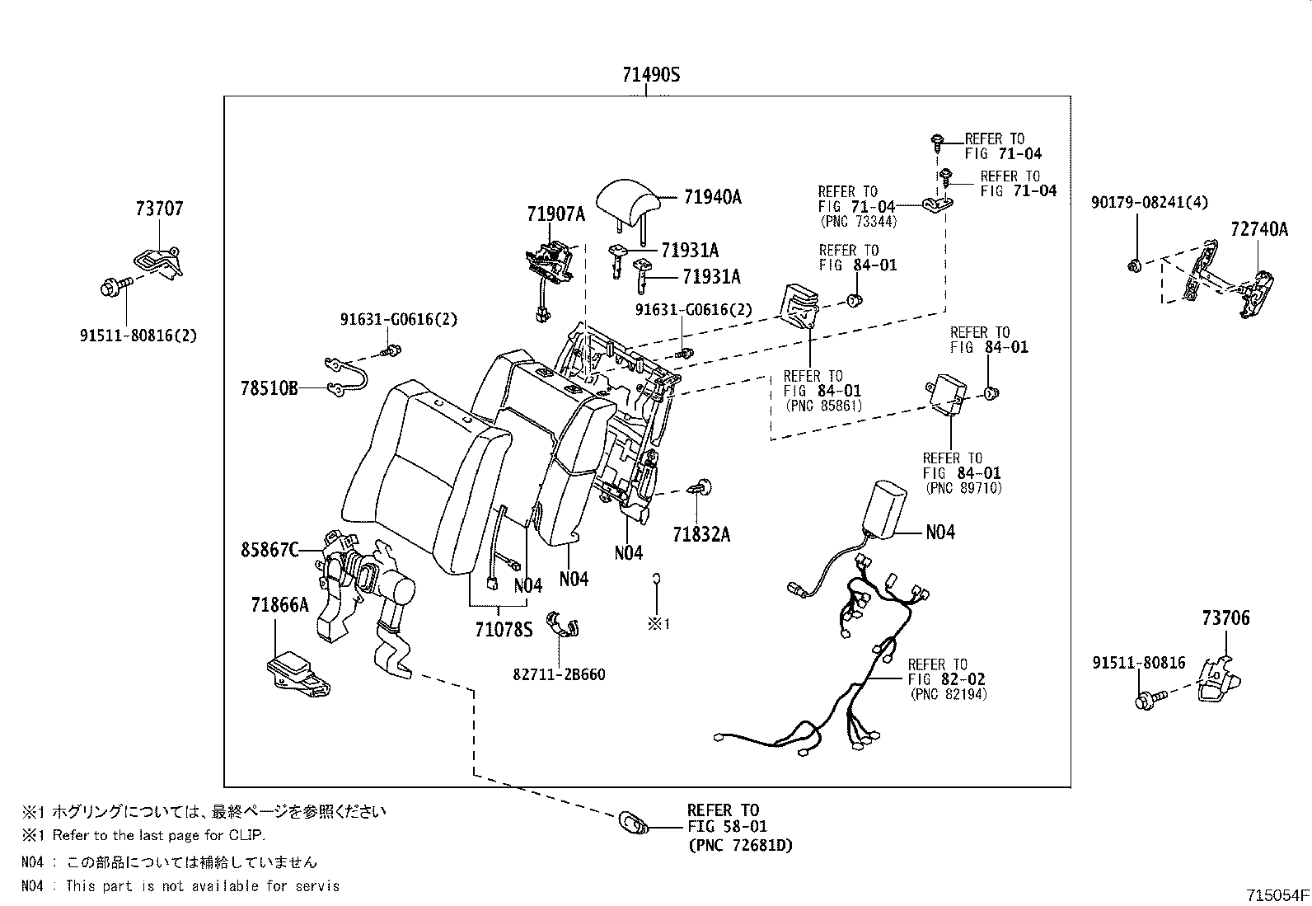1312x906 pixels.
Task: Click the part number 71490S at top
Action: [x=651, y=75]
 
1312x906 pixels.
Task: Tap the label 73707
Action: [x=159, y=208]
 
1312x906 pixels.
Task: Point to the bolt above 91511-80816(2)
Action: [x=116, y=287]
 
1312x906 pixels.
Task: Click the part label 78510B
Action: [x=269, y=388]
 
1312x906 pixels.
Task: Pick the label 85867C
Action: [x=269, y=550]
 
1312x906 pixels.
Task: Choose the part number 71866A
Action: [x=279, y=604]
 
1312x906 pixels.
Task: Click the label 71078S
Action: [x=504, y=629]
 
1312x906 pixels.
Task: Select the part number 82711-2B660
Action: [x=559, y=674]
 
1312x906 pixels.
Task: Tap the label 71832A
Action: [x=701, y=534]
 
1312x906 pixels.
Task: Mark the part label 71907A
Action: [x=555, y=214]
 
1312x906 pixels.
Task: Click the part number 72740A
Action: [x=1259, y=229]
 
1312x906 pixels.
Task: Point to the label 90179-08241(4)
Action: [x=1149, y=203]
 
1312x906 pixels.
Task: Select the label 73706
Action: [x=1226, y=617]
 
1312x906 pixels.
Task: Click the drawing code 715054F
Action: [x=1277, y=895]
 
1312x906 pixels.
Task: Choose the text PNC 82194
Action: [x=949, y=694]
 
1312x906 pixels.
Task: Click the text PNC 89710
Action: [x=963, y=488]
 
